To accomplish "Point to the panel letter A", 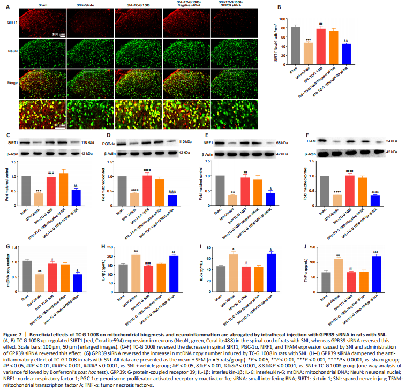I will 6,8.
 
